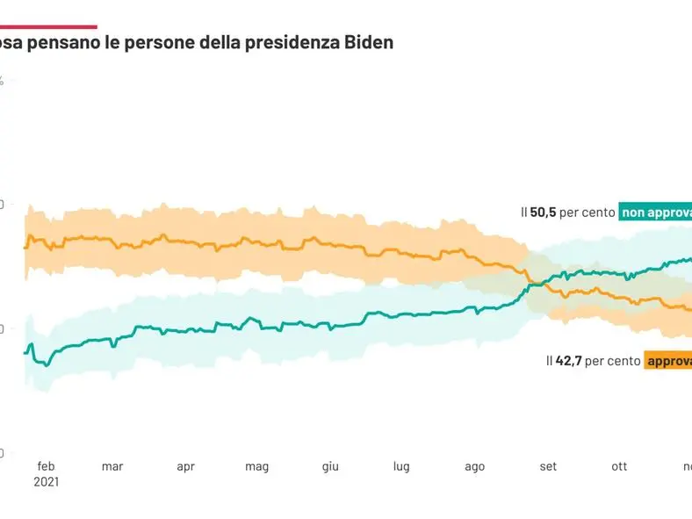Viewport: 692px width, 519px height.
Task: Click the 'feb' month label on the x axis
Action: tap(46, 466)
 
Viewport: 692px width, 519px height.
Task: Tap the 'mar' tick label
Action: tap(112, 466)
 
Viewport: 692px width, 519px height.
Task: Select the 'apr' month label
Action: tap(185, 466)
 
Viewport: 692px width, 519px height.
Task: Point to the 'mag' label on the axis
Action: tap(256, 466)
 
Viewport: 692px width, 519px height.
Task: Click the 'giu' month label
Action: tap(330, 466)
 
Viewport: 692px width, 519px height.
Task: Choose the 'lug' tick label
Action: tap(401, 466)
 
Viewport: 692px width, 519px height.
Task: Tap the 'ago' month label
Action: tap(474, 466)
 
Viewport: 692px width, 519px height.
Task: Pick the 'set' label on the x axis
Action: tap(548, 466)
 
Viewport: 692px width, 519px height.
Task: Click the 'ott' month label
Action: tap(620, 466)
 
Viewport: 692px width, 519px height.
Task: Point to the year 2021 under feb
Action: tap(46, 482)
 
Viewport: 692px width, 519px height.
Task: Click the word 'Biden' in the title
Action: tap(369, 41)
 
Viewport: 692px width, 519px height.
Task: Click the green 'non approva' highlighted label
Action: tap(656, 212)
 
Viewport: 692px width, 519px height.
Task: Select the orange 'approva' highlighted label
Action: tap(668, 360)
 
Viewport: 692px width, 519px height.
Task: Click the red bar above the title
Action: tap(48, 27)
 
